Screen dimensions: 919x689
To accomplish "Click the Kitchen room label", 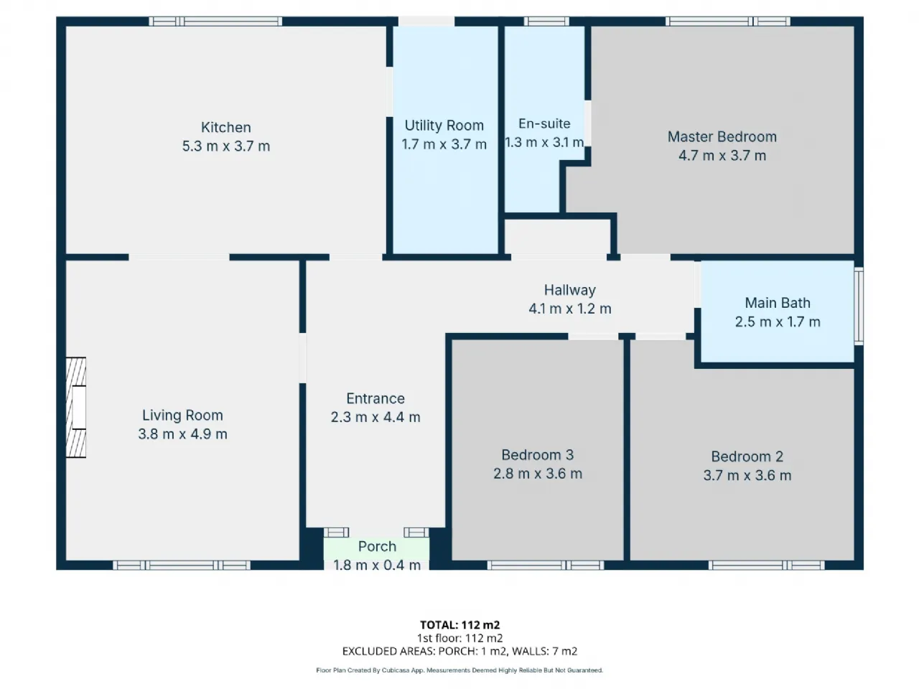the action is click(x=225, y=127).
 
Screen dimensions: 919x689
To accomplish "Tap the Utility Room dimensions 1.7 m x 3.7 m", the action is click(x=444, y=144).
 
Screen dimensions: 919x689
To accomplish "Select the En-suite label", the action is click(x=544, y=123).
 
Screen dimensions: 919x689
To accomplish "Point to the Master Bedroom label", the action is click(x=722, y=137).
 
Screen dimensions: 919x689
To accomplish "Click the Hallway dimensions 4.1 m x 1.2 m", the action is click(x=569, y=309).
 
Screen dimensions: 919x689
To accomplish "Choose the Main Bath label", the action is click(x=778, y=303).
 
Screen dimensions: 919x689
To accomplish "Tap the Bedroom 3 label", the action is click(x=537, y=455).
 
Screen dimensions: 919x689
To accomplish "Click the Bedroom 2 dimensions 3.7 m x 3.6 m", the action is click(x=747, y=475).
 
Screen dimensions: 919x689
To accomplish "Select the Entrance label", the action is click(x=375, y=398).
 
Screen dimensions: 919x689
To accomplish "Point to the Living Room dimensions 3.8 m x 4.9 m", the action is click(x=182, y=433).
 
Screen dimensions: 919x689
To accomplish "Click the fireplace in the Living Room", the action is click(x=76, y=407).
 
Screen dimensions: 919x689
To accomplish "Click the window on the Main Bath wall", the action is click(x=858, y=306).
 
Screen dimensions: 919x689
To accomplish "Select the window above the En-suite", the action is click(x=546, y=22).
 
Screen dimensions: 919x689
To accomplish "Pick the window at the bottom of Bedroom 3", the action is click(x=546, y=565).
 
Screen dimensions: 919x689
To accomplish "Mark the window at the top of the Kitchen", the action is click(x=215, y=22).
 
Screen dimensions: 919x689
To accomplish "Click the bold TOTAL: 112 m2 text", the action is click(x=459, y=625).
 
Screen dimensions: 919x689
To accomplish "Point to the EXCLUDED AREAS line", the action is click(x=459, y=651).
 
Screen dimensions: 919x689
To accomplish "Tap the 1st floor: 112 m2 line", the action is click(x=459, y=638).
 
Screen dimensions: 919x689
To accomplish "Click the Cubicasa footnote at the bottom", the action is click(x=459, y=670).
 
